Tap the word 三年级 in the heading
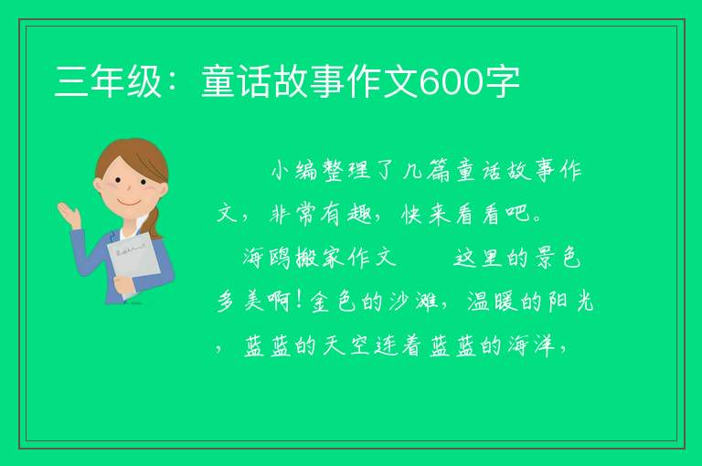coord(108,82)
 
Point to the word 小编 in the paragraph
coord(294,171)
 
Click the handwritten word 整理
coord(347,171)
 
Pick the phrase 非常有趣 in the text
coord(321,215)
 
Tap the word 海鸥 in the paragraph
coord(267,258)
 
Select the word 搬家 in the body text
coord(320,258)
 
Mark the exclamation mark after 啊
coord(301,302)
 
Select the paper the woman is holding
coord(134,263)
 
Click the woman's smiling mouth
coord(130,202)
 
